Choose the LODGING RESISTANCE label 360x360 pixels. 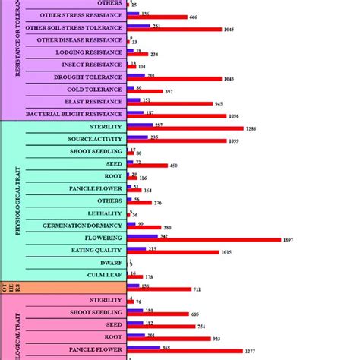[x=89, y=52]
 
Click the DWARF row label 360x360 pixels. [x=112, y=262]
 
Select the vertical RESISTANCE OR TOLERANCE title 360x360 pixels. [x=17, y=61]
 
